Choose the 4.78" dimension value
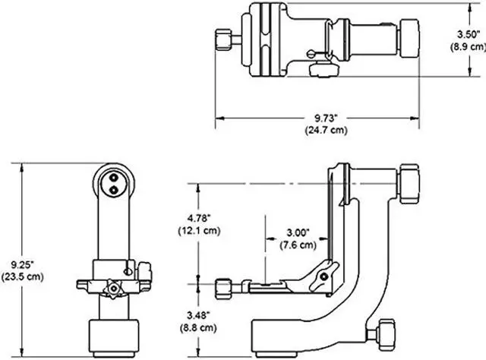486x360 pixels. pos(196,217)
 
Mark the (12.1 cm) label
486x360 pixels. pos(196,229)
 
